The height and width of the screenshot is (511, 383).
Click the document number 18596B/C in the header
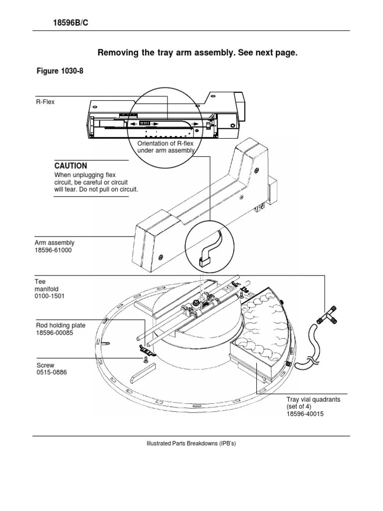pyautogui.click(x=71, y=23)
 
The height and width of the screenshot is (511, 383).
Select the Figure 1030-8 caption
pyautogui.click(x=60, y=71)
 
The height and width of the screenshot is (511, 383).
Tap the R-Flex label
pyautogui.click(x=45, y=102)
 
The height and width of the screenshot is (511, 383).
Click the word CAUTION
pyautogui.click(x=71, y=166)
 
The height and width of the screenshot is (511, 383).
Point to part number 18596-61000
pyautogui.click(x=53, y=251)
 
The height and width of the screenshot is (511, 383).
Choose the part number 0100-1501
pyautogui.click(x=49, y=296)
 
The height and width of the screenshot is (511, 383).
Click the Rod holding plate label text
pyautogui.click(x=60, y=325)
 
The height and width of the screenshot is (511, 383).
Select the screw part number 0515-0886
pyautogui.click(x=51, y=372)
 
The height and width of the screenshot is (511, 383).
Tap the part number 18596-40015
pyautogui.click(x=305, y=414)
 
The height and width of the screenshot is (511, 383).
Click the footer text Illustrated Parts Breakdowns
pyautogui.click(x=191, y=443)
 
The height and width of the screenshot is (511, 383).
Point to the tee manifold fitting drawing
pyautogui.click(x=326, y=315)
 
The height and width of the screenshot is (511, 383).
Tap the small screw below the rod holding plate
pyautogui.click(x=145, y=359)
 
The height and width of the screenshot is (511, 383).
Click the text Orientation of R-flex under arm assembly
pyautogui.click(x=166, y=147)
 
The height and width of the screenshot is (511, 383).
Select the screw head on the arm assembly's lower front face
pyautogui.click(x=161, y=258)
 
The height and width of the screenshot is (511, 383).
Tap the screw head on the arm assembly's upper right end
pyautogui.click(x=257, y=170)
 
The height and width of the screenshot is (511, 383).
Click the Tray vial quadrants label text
pyautogui.click(x=313, y=399)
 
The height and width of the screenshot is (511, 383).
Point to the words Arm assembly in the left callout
pyautogui.click(x=54, y=243)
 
